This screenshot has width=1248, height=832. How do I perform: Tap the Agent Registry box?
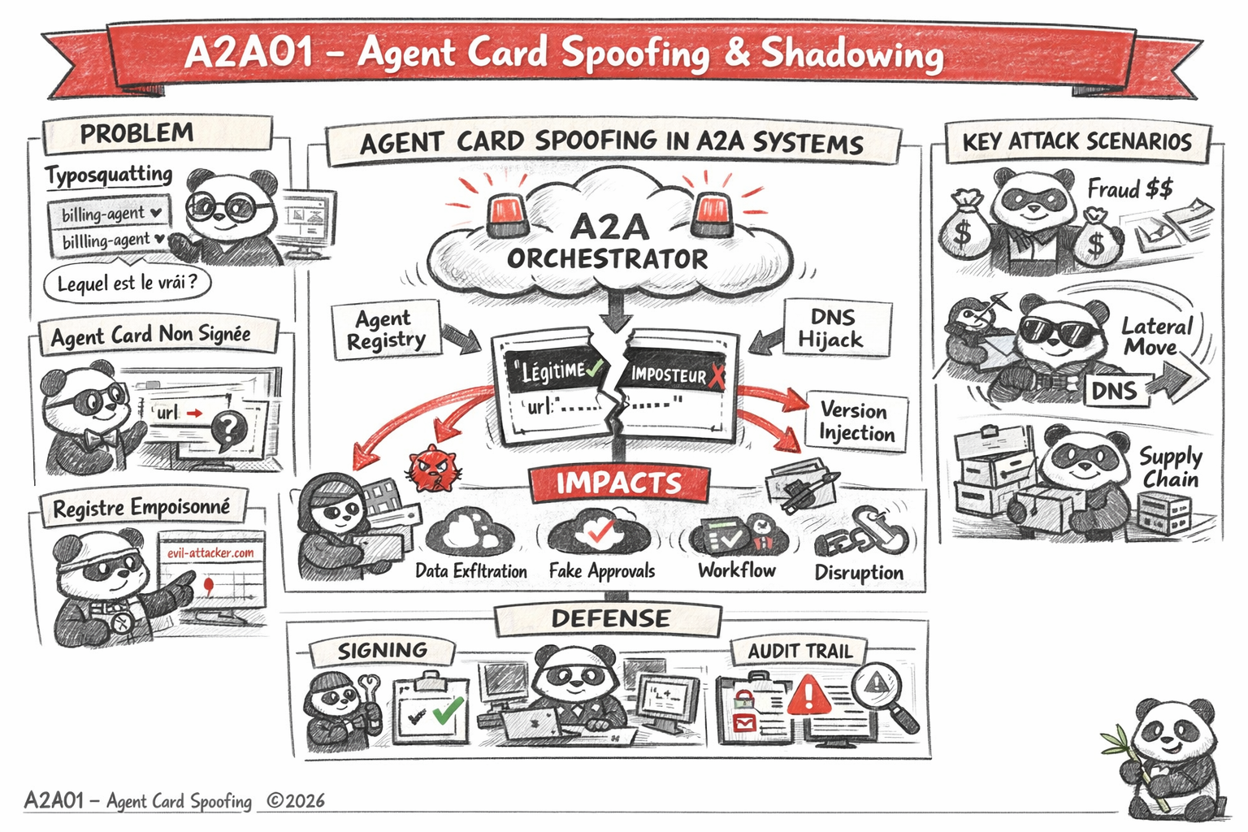click(386, 329)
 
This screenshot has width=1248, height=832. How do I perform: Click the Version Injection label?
click(856, 421)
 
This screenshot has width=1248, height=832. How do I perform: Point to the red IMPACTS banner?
click(618, 483)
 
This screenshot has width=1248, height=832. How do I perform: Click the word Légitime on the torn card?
click(553, 371)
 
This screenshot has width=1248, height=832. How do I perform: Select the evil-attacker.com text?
click(210, 552)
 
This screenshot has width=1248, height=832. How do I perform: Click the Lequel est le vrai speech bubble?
click(127, 284)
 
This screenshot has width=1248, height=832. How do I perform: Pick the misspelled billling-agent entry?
click(108, 240)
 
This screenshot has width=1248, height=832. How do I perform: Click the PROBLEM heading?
click(136, 133)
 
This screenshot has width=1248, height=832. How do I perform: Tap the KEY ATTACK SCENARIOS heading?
click(1077, 142)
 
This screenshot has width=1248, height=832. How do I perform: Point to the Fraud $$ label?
click(1129, 189)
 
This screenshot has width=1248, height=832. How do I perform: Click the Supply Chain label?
click(1170, 467)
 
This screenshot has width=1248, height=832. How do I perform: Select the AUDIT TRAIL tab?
click(799, 651)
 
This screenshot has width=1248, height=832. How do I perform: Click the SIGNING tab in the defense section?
click(382, 650)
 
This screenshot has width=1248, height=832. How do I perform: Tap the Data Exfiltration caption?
click(470, 571)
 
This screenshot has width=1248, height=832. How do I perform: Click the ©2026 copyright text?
click(296, 801)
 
